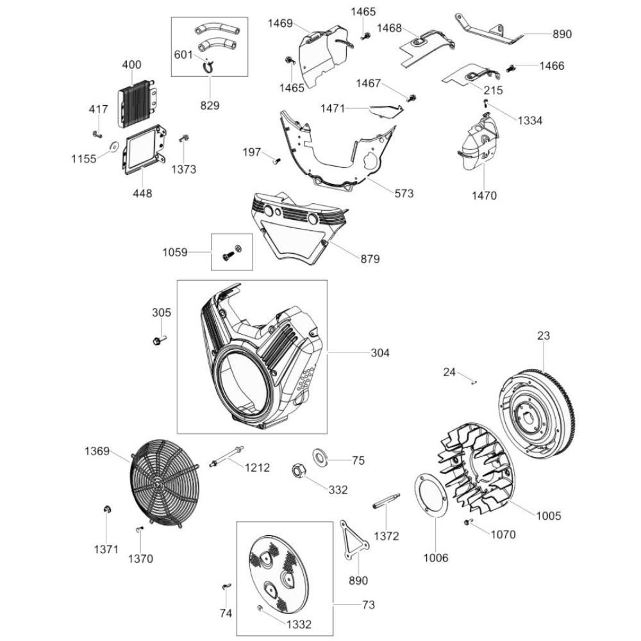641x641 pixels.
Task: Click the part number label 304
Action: click(379, 353)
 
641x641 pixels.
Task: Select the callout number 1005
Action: click(548, 515)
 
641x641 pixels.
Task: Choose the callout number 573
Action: click(404, 193)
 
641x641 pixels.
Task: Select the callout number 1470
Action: click(483, 196)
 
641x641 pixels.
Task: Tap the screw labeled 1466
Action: click(512, 67)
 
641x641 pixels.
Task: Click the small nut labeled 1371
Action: click(108, 510)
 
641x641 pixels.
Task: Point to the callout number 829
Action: click(210, 104)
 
